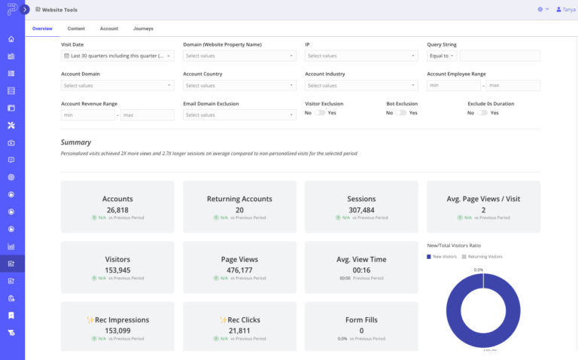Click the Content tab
coord(76,29)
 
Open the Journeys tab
coord(143,29)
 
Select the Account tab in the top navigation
coord(109,29)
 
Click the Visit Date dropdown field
coord(117,56)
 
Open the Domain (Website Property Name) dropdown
coord(239,56)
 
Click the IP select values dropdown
coord(360,56)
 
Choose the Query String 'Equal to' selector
coord(442,56)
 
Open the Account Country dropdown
coord(239,85)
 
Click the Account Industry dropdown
coord(360,85)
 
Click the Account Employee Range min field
coord(454,85)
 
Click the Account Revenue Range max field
coord(147,115)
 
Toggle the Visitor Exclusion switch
coord(320,112)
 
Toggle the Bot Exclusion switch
coord(401,112)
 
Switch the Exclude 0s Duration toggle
coord(482,112)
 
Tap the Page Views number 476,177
coord(239,270)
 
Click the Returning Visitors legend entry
coord(482,257)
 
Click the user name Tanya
coord(568,10)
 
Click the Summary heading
coord(76,142)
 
